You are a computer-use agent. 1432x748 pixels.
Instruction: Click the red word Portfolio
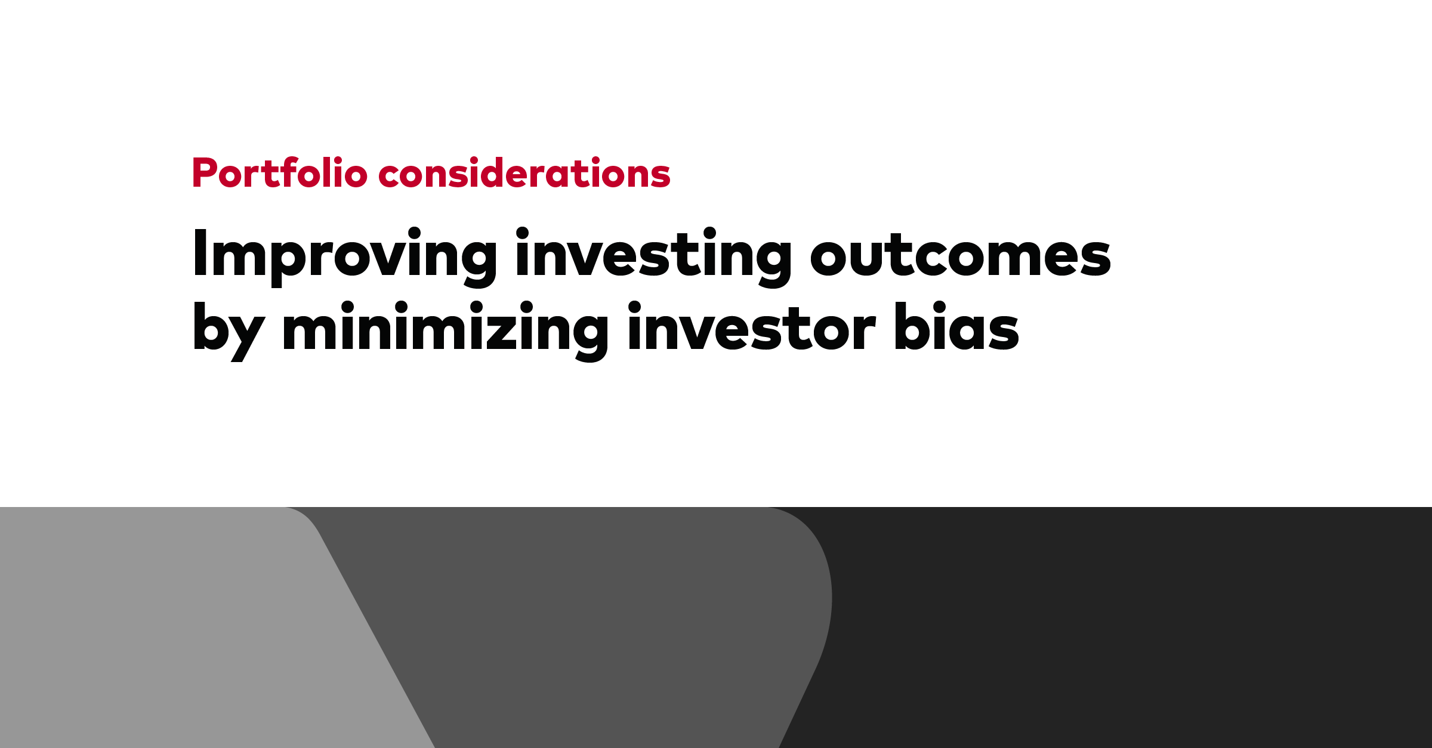pyautogui.click(x=280, y=172)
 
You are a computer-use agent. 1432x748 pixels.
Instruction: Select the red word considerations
pyautogui.click(x=524, y=172)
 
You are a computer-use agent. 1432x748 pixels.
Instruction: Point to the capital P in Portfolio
pyautogui.click(x=205, y=172)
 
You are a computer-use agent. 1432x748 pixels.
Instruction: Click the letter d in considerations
pyautogui.click(x=495, y=172)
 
